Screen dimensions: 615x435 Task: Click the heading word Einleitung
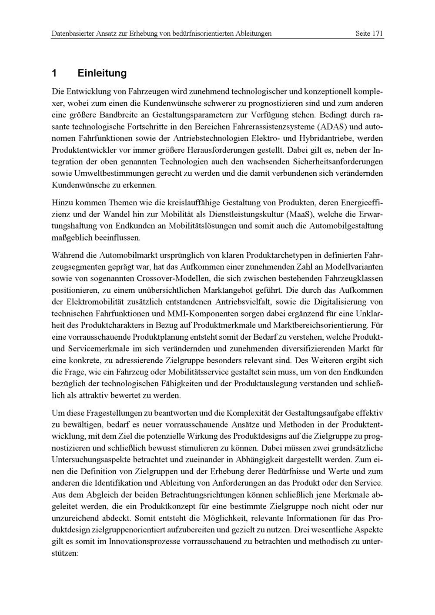point(102,73)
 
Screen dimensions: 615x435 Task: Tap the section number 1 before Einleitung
point(54,73)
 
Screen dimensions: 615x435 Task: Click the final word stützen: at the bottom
point(64,554)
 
